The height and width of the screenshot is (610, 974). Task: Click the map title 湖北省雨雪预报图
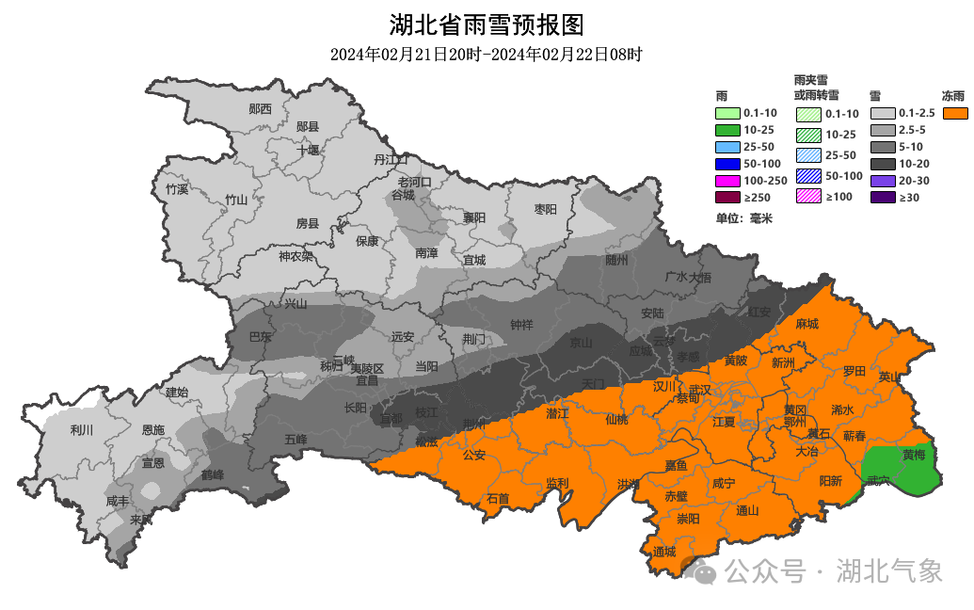[x=487, y=24]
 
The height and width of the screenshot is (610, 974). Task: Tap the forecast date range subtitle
[x=487, y=54]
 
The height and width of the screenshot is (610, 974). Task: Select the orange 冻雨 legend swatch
[x=956, y=114]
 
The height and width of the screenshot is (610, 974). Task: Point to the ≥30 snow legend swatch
[x=882, y=197]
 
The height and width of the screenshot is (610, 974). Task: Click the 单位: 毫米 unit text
[x=743, y=218]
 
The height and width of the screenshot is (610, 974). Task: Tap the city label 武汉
[x=700, y=390]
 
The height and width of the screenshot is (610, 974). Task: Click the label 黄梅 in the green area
[x=914, y=454]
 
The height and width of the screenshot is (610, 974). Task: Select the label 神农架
[x=295, y=256]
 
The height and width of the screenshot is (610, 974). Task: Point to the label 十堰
[x=308, y=150]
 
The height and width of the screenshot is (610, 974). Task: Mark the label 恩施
[x=153, y=430]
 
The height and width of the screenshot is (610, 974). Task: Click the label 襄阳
[x=474, y=217]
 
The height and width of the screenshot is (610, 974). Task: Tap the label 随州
[x=616, y=261]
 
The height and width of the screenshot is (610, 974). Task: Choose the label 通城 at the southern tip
[x=663, y=552]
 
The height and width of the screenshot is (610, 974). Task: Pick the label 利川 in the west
[x=82, y=430]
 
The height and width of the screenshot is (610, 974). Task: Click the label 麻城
[x=806, y=324]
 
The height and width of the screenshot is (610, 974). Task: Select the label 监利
[x=557, y=483]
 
